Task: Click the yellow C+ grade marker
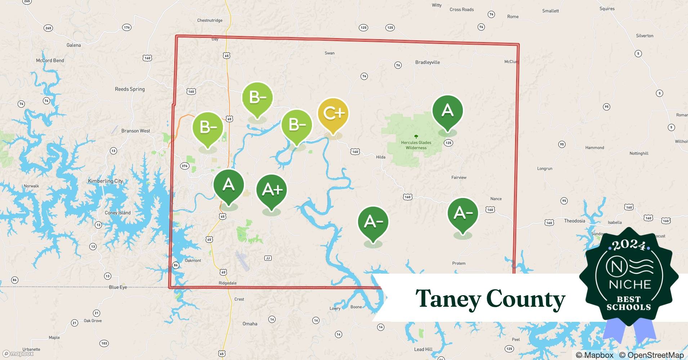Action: pyautogui.click(x=333, y=114)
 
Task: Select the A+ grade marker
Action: pyautogui.click(x=271, y=190)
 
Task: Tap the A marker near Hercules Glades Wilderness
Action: pyautogui.click(x=447, y=111)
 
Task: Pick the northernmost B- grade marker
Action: pyautogui.click(x=257, y=98)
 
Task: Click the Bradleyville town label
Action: pyautogui.click(x=427, y=62)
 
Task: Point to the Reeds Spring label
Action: pyautogui.click(x=130, y=89)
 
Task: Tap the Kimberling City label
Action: pyautogui.click(x=106, y=181)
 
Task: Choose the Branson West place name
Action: pyautogui.click(x=135, y=131)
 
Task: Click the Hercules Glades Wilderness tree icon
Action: pyautogui.click(x=416, y=137)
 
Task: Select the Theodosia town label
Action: pyautogui.click(x=574, y=221)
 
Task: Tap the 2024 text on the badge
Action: pyautogui.click(x=629, y=245)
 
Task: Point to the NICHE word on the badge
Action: pyautogui.click(x=630, y=284)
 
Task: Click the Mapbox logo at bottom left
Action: pyautogui.click(x=18, y=354)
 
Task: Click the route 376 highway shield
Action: pyautogui.click(x=184, y=166)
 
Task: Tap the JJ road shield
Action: pyautogui.click(x=268, y=258)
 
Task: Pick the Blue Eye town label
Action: pyautogui.click(x=118, y=287)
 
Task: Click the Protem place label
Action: pyautogui.click(x=459, y=263)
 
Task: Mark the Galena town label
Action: pyautogui.click(x=73, y=45)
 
